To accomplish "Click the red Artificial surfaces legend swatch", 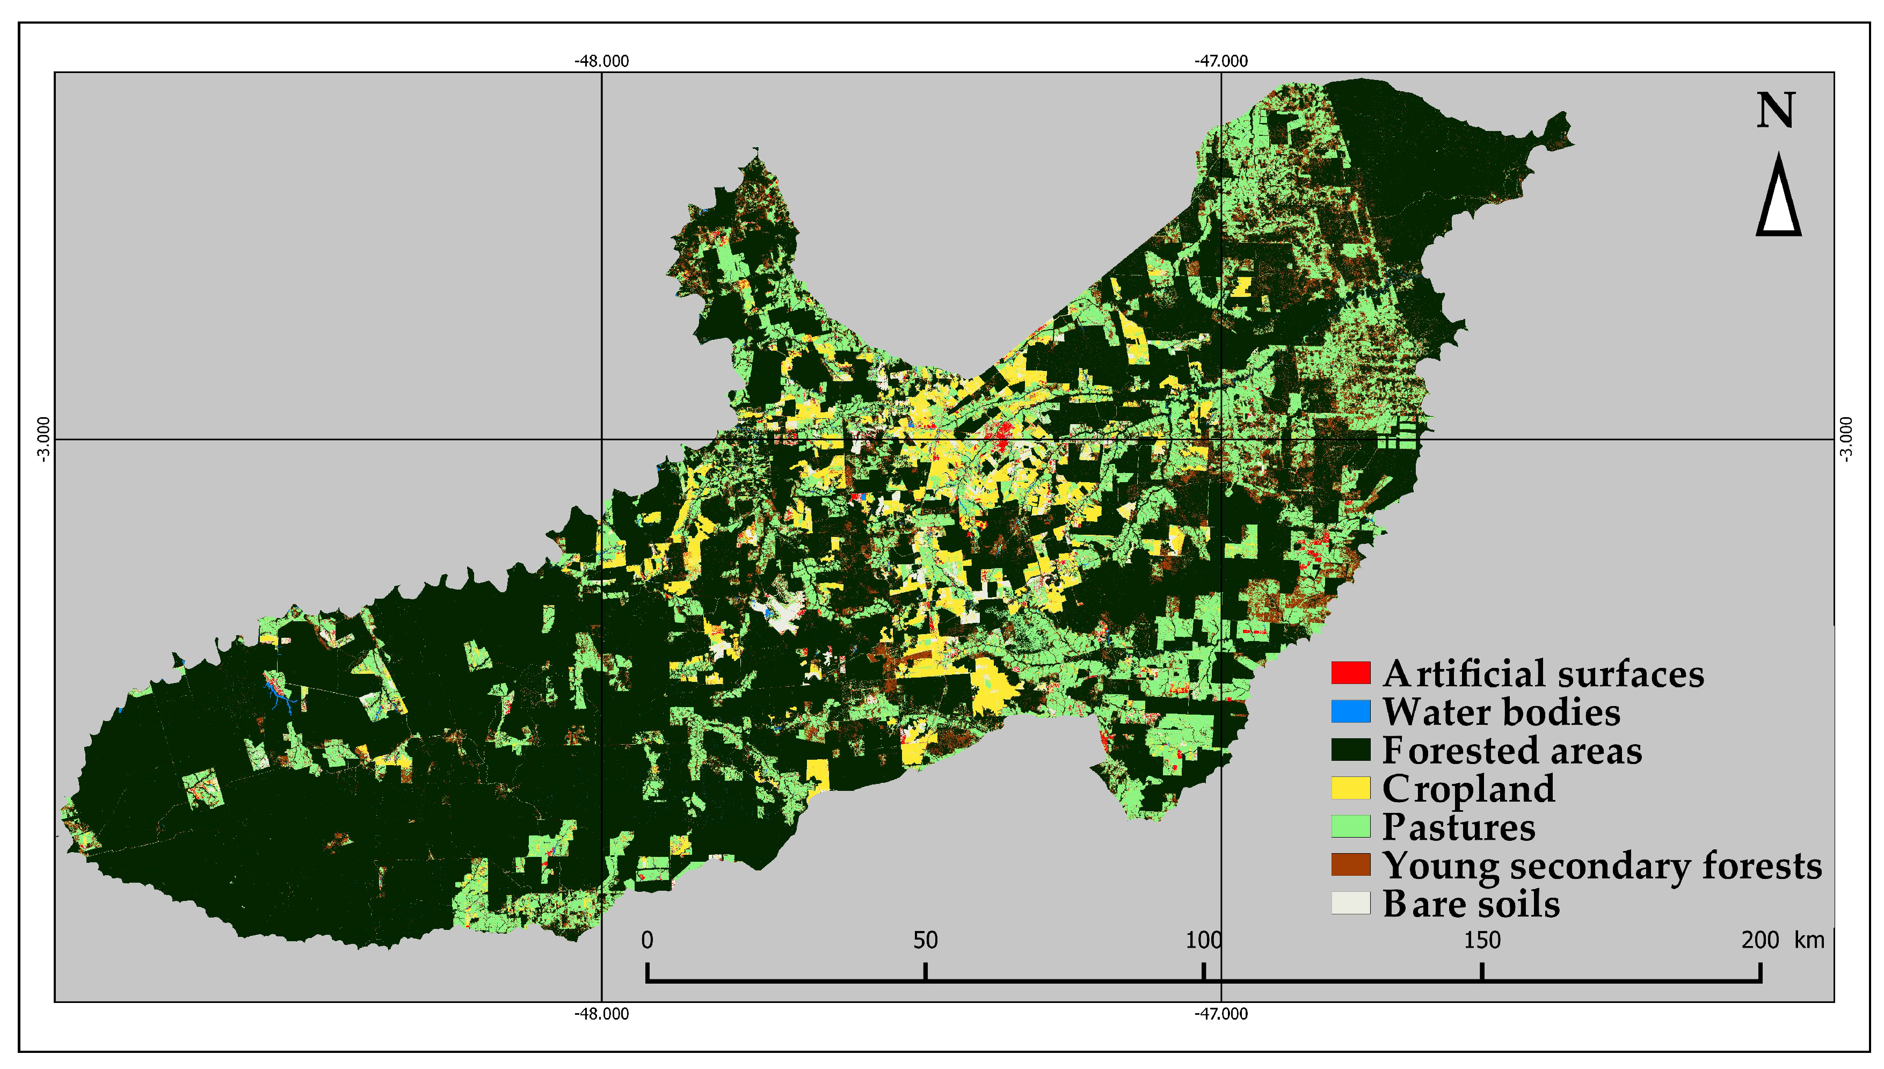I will pyautogui.click(x=1350, y=673).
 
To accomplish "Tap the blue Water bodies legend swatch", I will pyautogui.click(x=1350, y=711).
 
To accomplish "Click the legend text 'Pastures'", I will pyautogui.click(x=1458, y=827).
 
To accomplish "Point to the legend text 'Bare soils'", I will pyautogui.click(x=1471, y=904).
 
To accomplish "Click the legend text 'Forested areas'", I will pyautogui.click(x=1512, y=751).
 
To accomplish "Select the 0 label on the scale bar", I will pyautogui.click(x=647, y=941).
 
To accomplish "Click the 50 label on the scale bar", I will pyautogui.click(x=925, y=941).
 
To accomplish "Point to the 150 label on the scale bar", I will pyautogui.click(x=1482, y=941).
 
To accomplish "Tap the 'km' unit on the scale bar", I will pyautogui.click(x=1809, y=941).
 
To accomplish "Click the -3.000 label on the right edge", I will pyautogui.click(x=1846, y=439).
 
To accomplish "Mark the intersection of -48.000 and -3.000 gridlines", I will pyautogui.click(x=601, y=440).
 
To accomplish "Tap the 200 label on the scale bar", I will pyautogui.click(x=1760, y=941).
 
